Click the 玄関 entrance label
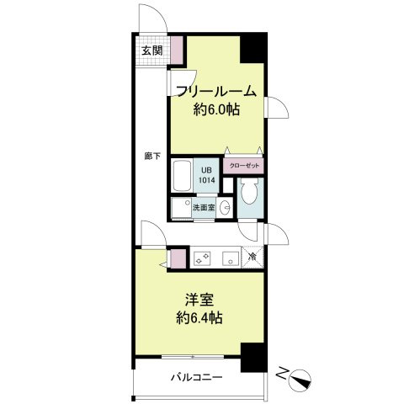click(x=152, y=50)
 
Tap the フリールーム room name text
click(x=216, y=91)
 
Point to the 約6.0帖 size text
click(x=216, y=109)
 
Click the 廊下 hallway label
click(x=152, y=156)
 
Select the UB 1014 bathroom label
click(x=207, y=175)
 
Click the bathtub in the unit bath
click(x=182, y=175)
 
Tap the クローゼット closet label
click(x=244, y=166)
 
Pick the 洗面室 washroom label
click(x=204, y=208)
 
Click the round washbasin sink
click(x=225, y=208)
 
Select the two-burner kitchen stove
click(x=202, y=258)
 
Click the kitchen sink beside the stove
click(x=231, y=258)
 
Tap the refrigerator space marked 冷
click(x=252, y=257)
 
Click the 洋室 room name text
click(x=199, y=300)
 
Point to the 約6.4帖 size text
click(x=199, y=318)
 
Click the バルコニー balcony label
click(x=197, y=377)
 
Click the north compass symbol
click(x=300, y=381)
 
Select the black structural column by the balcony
click(x=252, y=357)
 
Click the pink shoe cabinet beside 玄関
click(x=177, y=50)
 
